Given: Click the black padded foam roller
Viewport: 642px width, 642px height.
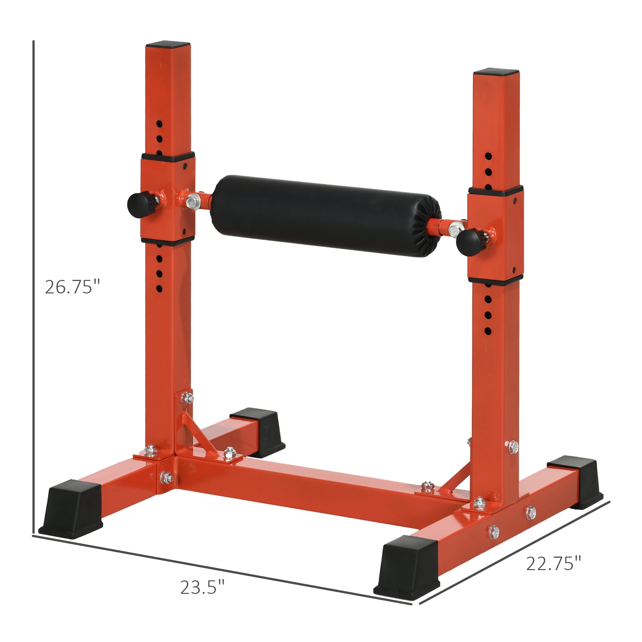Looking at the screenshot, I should pyautogui.click(x=325, y=216).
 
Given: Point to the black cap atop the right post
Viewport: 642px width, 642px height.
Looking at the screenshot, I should pyautogui.click(x=496, y=72).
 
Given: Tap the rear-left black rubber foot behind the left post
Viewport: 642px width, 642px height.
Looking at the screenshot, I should pyautogui.click(x=258, y=432).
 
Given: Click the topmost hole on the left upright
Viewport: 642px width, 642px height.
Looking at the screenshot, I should pyautogui.click(x=160, y=124).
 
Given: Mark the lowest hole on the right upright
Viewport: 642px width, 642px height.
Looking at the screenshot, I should pyautogui.click(x=488, y=331).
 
